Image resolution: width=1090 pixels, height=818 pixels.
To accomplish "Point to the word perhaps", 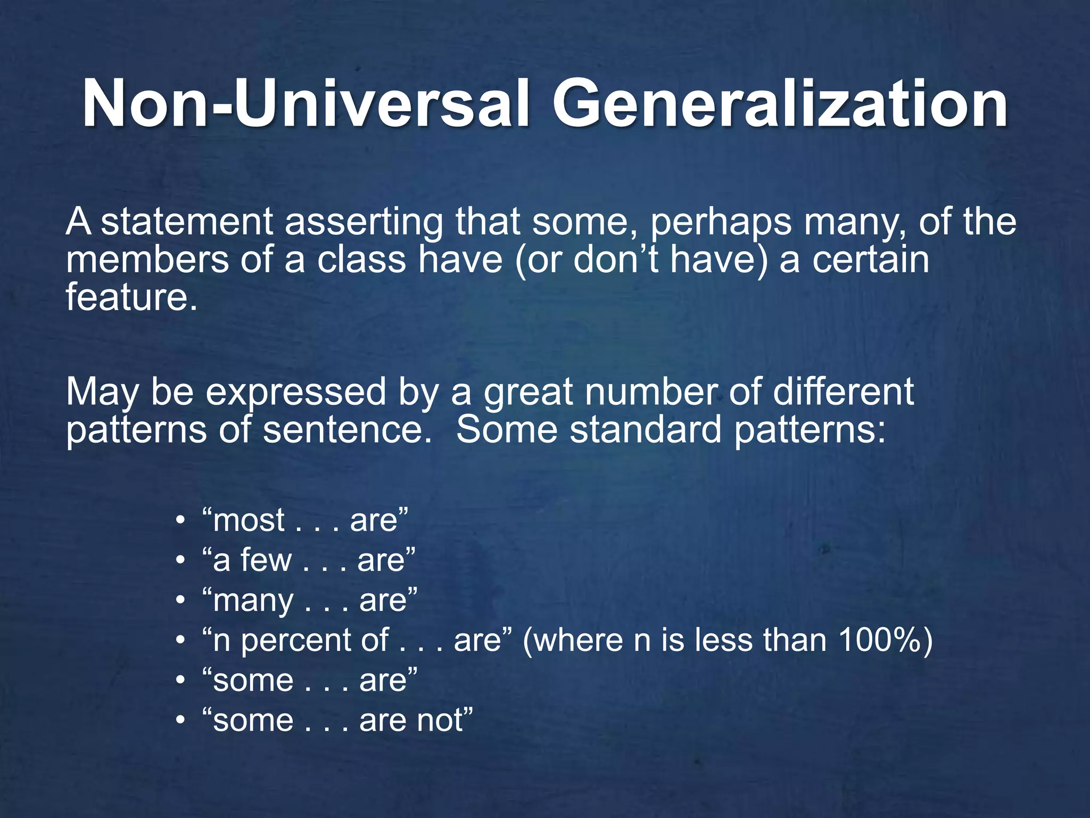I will [721, 223].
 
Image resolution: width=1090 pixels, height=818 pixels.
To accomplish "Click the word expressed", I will [295, 393].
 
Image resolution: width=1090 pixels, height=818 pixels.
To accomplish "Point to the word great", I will [529, 393].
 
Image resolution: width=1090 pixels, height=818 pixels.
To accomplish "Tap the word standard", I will [646, 430].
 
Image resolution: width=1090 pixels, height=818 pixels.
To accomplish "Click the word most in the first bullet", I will [249, 520].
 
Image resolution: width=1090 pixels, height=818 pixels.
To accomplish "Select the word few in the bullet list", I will [266, 560].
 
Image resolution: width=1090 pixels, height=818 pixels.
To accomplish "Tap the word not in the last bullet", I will [440, 721].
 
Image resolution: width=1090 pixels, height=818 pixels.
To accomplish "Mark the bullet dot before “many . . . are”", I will [181, 601].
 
